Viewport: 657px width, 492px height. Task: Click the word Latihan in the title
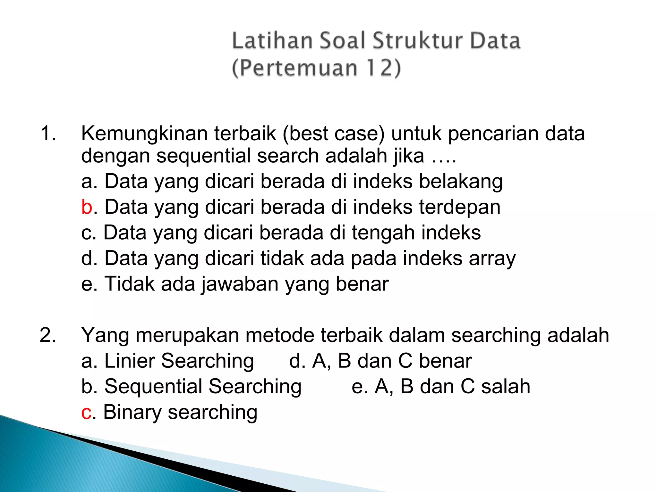point(272,41)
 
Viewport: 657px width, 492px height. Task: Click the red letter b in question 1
point(87,207)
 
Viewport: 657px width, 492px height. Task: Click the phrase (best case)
point(333,134)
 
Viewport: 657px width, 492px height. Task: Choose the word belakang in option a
point(461,182)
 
